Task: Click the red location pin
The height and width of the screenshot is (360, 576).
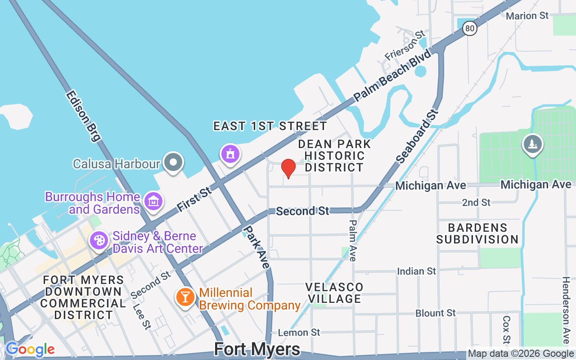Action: click(288, 168)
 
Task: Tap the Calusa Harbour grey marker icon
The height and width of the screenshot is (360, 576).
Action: click(172, 162)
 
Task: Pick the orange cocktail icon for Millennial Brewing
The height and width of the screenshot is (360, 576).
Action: click(184, 297)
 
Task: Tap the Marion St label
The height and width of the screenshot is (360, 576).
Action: click(527, 16)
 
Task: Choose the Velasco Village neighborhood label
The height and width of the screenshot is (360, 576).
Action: click(334, 293)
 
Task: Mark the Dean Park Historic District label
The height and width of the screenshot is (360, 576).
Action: click(334, 156)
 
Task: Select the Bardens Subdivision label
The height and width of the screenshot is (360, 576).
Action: click(477, 234)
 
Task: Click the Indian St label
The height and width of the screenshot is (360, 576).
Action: click(416, 271)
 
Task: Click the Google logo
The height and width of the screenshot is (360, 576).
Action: click(30, 349)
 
